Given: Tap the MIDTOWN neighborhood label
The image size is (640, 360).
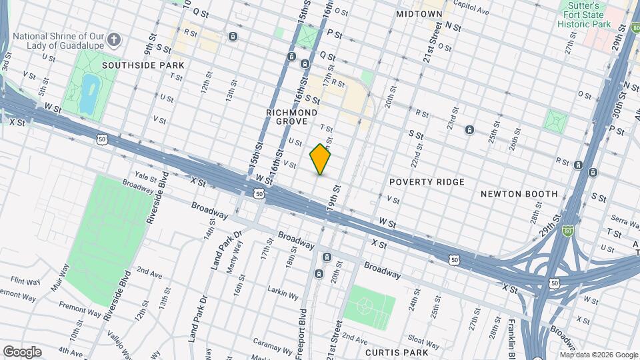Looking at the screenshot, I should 419,13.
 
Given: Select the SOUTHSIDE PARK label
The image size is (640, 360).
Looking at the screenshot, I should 143,65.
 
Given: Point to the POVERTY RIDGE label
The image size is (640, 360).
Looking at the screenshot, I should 427,182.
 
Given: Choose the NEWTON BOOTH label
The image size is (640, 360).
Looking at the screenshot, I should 519,194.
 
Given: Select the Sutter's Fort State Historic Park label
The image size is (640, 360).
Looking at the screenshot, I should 585,15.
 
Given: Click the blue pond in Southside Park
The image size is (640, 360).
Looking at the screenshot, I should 87,93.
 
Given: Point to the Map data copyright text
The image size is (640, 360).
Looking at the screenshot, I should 599,355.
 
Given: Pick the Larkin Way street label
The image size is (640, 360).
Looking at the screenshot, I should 287,292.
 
